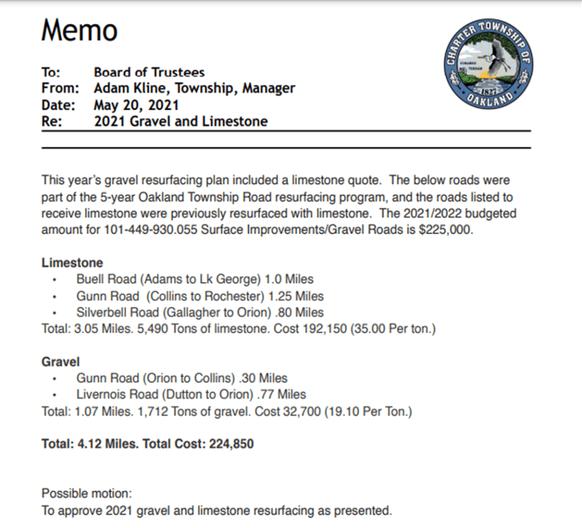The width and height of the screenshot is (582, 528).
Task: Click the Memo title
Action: (x=79, y=30)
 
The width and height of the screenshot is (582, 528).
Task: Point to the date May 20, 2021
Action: (x=136, y=105)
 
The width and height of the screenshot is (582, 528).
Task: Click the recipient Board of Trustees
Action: (x=149, y=72)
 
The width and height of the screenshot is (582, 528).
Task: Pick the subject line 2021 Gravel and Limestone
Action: (x=180, y=122)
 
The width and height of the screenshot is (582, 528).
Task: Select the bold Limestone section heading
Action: (x=72, y=263)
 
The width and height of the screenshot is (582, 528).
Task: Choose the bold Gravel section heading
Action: (x=60, y=361)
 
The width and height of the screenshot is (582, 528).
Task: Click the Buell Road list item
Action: (x=194, y=279)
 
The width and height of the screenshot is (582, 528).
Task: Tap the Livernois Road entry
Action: (x=191, y=394)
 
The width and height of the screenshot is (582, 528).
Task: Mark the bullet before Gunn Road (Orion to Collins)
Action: (x=55, y=379)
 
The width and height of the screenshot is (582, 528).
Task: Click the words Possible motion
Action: (x=86, y=494)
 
